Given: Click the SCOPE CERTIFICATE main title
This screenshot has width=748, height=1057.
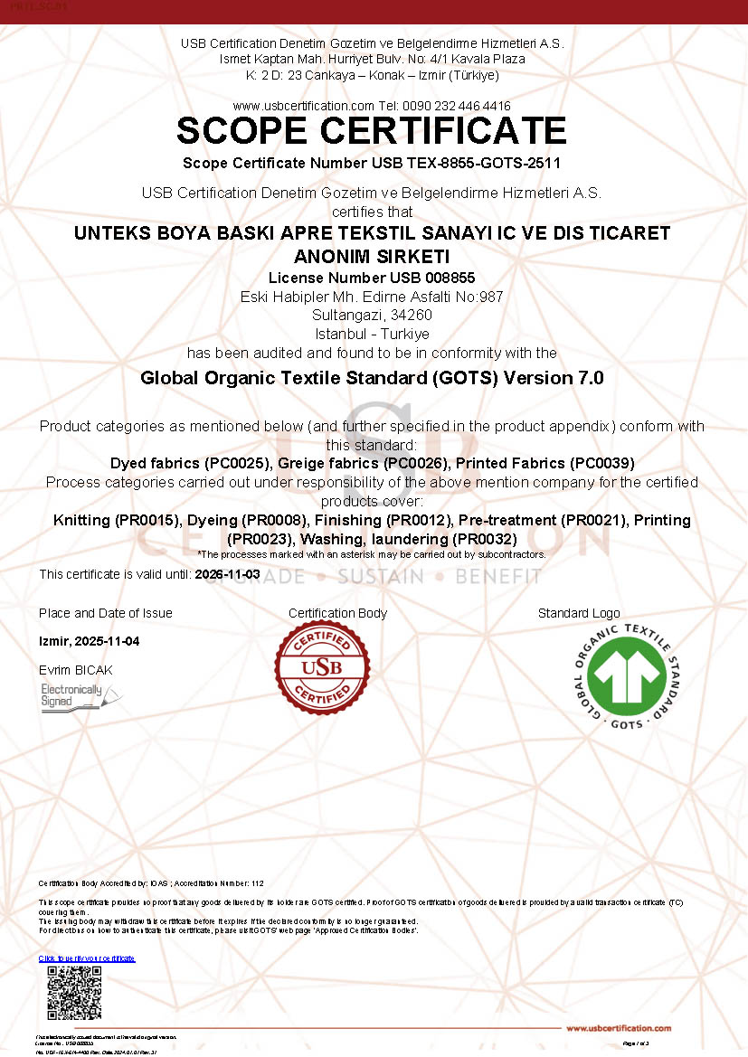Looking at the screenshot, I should (372, 131).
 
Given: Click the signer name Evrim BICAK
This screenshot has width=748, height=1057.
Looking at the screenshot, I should (76, 670).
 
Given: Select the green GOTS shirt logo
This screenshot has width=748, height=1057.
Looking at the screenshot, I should (627, 676).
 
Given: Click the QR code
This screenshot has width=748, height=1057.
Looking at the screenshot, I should (74, 992).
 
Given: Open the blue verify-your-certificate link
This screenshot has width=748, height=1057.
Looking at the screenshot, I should (87, 958).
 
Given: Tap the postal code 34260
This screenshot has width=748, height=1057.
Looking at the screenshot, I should (409, 316).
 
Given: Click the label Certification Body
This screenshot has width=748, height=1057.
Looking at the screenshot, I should (337, 613).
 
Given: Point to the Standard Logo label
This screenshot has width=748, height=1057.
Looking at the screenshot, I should (579, 613).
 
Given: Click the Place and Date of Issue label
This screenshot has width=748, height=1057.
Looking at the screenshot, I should (106, 613).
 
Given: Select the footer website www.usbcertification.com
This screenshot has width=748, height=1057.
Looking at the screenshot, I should (619, 1028).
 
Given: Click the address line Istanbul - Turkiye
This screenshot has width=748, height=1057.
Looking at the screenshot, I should (373, 334).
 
